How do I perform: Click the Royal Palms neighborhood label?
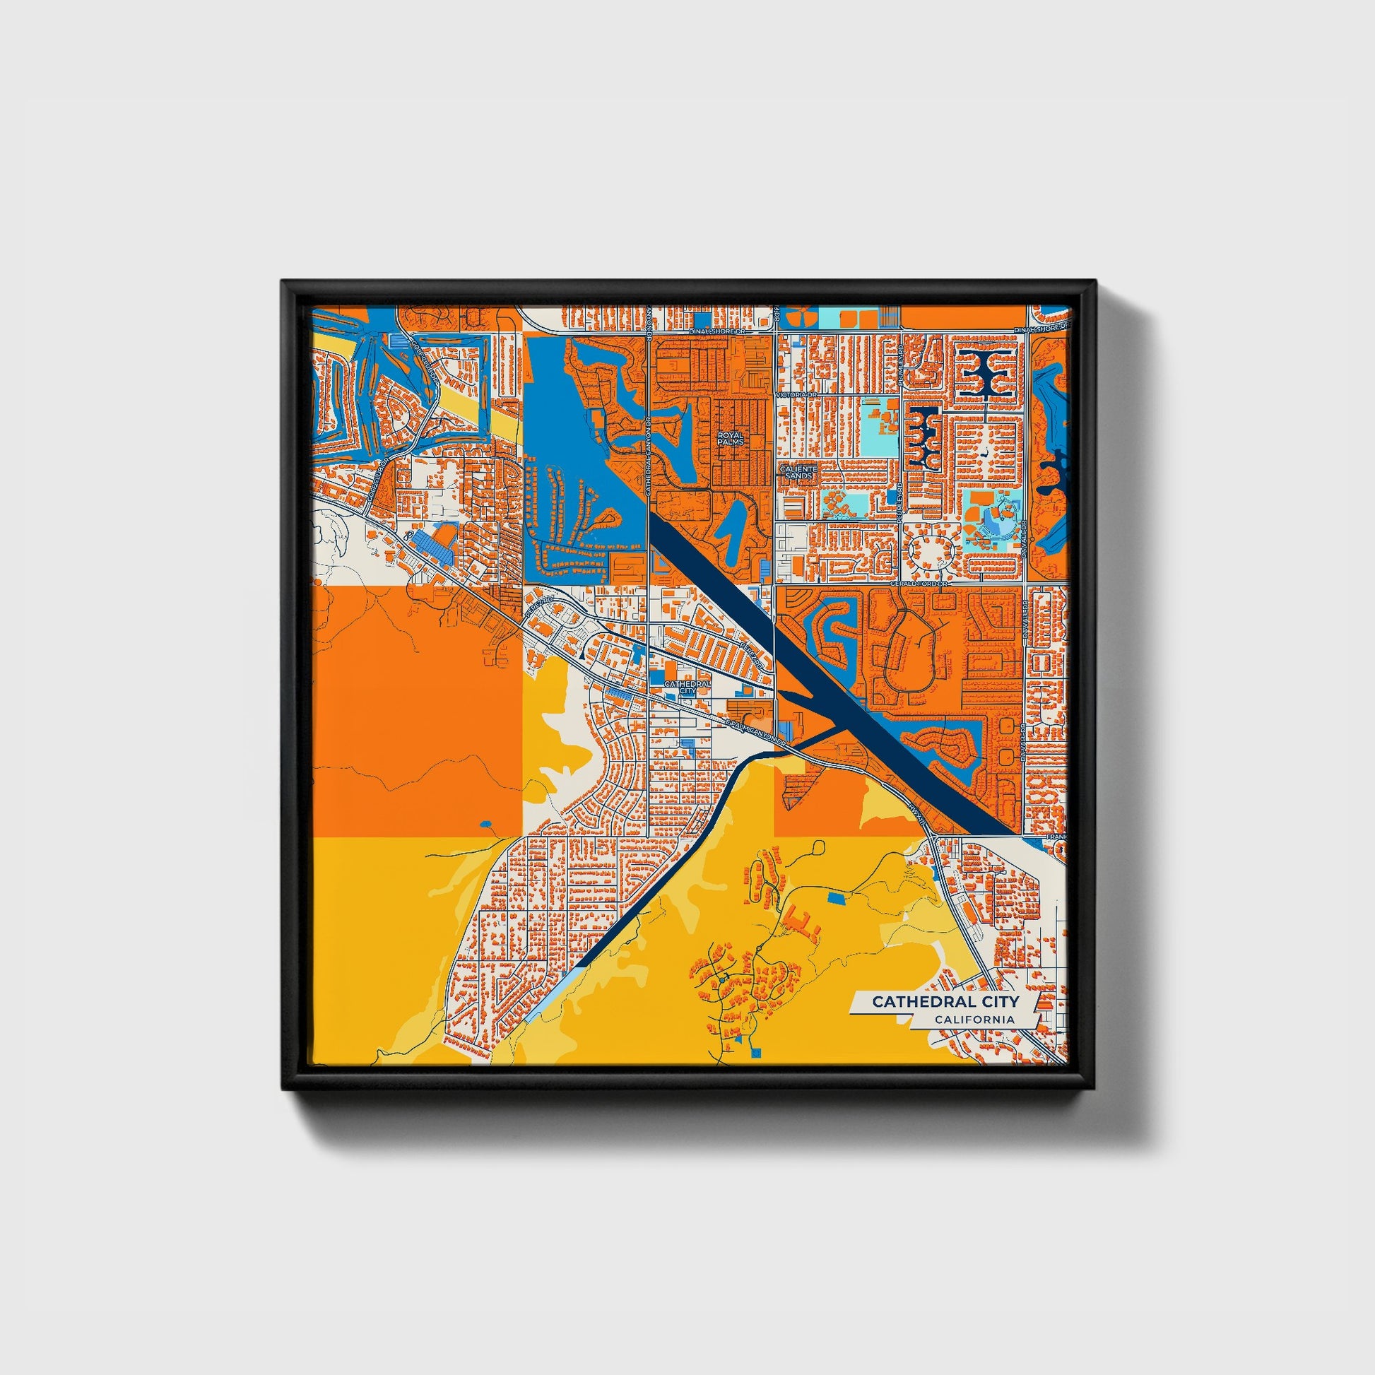point(730,437)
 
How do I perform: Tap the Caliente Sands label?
point(796,473)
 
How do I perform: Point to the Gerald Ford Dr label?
point(920,584)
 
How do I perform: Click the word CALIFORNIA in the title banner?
point(974,1020)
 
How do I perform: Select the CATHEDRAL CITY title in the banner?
point(945,1001)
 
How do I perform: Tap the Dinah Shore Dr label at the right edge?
point(1041,329)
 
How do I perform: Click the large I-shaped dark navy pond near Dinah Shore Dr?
point(987,372)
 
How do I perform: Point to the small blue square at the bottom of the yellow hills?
point(756,1051)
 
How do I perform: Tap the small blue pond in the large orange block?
point(486,824)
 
